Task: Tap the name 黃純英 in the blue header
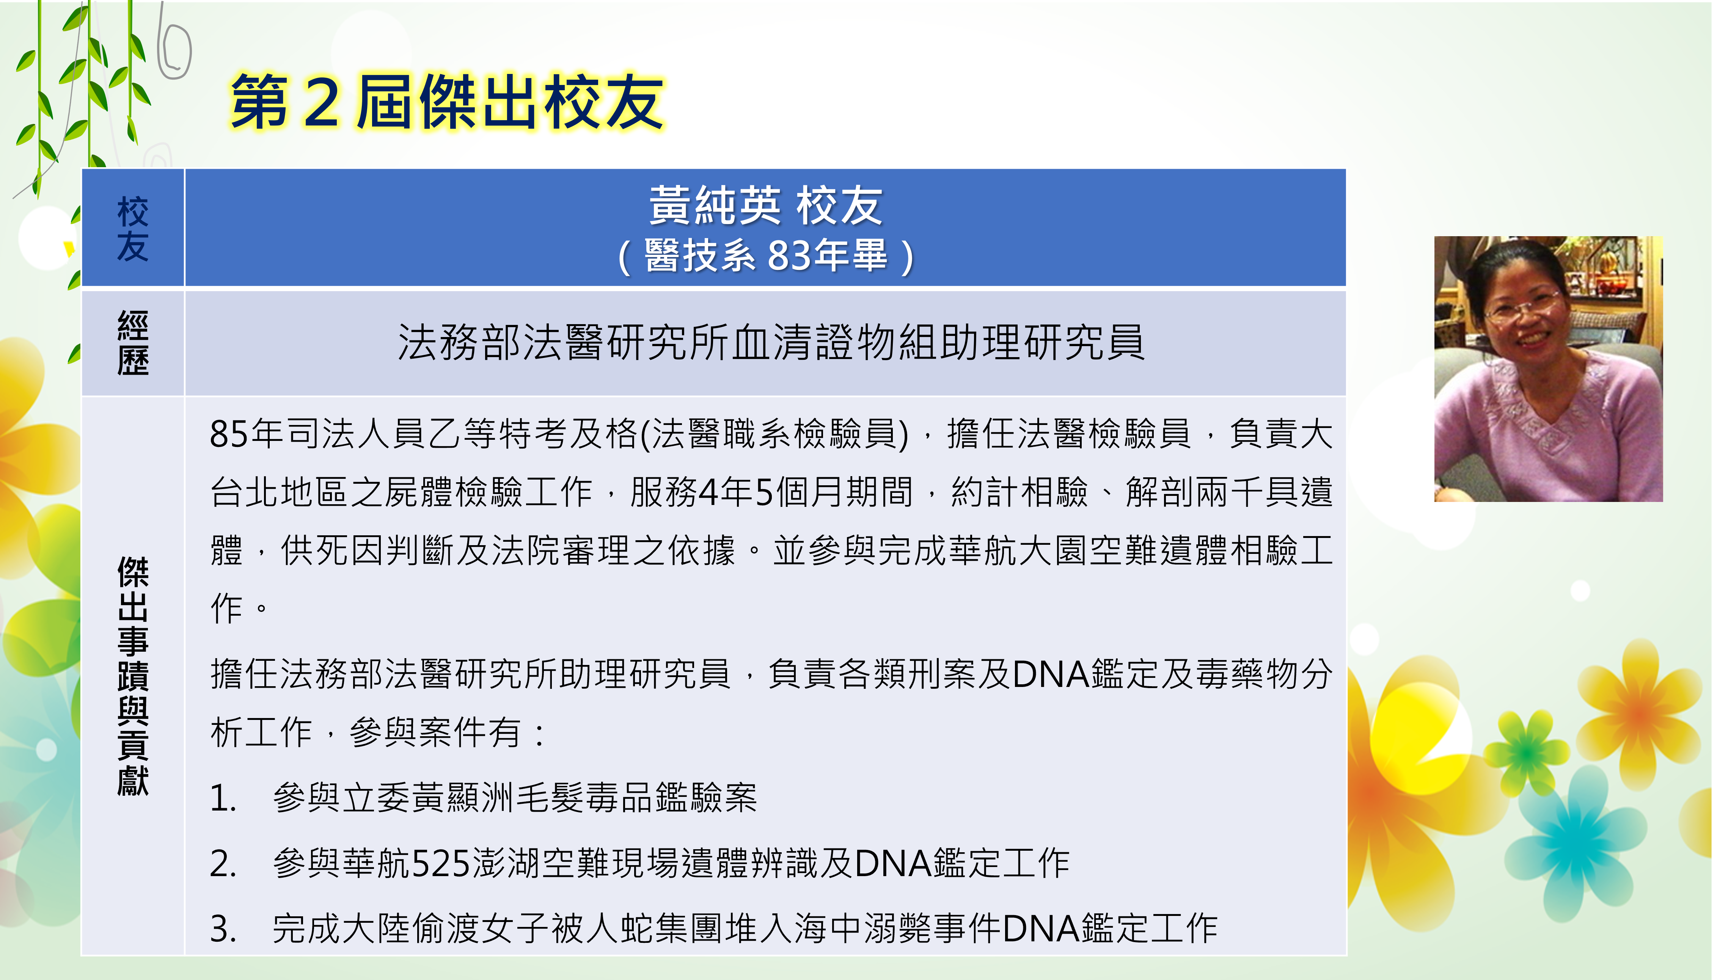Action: [715, 206]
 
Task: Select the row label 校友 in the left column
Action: [133, 229]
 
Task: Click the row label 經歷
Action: [133, 343]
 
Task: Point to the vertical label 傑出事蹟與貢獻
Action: [133, 676]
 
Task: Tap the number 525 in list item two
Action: [441, 864]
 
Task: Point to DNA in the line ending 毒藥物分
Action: [1051, 674]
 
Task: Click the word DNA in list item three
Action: [1042, 929]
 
